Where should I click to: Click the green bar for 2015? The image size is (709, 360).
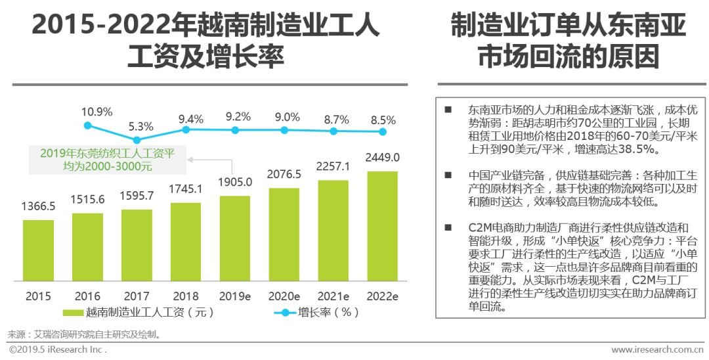tap(38, 250)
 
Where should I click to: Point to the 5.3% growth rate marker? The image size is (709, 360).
tap(137, 140)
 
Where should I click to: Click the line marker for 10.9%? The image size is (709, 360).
tap(87, 125)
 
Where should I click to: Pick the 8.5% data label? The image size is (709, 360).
tap(383, 120)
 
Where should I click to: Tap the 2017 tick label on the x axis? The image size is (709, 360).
tap(137, 296)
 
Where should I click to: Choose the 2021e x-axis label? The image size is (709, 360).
tap(333, 296)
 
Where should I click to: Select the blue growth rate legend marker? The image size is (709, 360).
tap(285, 313)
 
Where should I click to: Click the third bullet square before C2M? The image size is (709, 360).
tap(448, 227)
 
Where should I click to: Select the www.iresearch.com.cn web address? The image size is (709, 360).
tap(658, 349)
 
